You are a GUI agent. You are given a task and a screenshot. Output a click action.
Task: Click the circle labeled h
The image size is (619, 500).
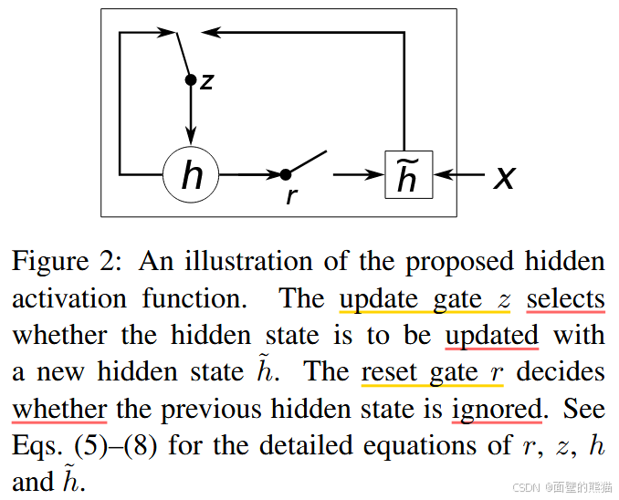tap(191, 173)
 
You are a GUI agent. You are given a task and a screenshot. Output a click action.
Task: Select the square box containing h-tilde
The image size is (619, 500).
tap(408, 173)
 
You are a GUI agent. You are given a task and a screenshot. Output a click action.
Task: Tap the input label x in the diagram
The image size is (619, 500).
tap(504, 175)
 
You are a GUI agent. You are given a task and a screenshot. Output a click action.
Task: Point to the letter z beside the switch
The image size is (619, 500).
tap(207, 81)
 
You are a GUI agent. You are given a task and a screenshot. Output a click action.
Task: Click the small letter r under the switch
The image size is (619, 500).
tap(291, 195)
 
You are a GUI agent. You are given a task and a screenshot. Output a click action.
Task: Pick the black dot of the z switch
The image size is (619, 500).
tap(191, 80)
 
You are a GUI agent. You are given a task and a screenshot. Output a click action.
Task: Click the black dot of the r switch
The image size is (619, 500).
tap(285, 173)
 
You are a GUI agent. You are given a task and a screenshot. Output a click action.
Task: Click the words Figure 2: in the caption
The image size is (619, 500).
tap(64, 261)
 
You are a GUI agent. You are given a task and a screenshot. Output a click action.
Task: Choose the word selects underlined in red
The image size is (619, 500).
tap(565, 298)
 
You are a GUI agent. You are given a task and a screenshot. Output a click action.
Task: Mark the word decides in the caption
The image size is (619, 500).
tap(564, 371)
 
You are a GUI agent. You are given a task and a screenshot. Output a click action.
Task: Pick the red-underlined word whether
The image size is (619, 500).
tap(59, 408)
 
